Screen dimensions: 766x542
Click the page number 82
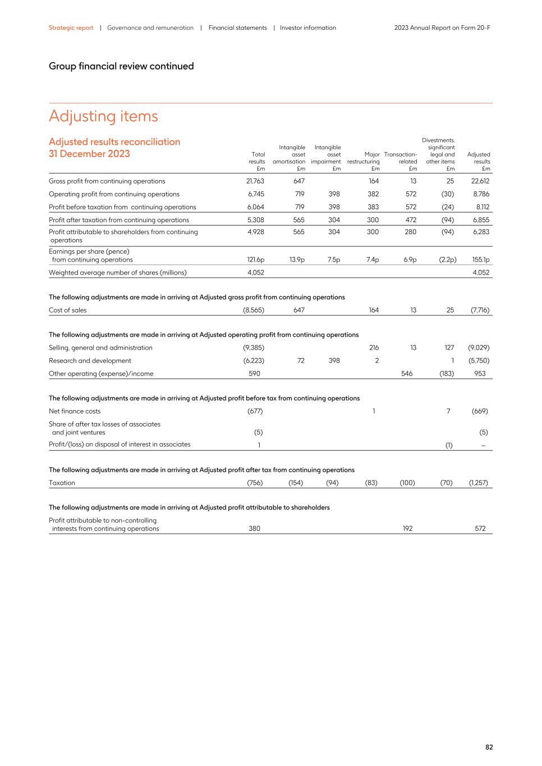coord(489,747)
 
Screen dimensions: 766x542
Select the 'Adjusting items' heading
coord(103,116)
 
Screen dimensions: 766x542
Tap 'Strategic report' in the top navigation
coord(71,27)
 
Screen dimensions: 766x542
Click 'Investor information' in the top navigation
coord(307,27)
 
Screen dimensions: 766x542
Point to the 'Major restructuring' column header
coord(364,161)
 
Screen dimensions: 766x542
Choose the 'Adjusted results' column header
coord(479,161)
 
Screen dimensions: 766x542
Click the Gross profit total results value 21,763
coord(255,181)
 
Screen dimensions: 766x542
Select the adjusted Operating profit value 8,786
coord(481,194)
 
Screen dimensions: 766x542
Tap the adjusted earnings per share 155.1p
coord(481,260)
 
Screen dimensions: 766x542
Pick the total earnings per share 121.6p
coord(256,260)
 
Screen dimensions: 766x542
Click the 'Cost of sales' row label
coord(68,310)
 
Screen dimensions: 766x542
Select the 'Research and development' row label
coord(90,361)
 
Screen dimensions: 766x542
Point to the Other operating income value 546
coord(407,374)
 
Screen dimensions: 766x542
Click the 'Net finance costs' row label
coord(75,411)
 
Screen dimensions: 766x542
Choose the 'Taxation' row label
coord(62,483)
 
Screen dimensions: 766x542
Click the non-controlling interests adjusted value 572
coord(480,529)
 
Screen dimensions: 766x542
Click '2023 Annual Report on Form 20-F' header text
coord(442,27)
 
